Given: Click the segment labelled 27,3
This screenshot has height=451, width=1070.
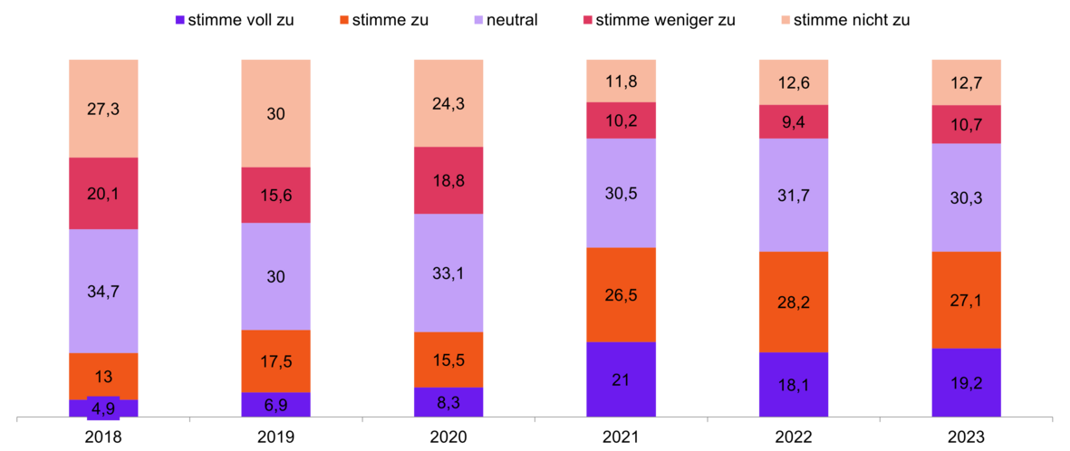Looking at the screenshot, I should point(103,108).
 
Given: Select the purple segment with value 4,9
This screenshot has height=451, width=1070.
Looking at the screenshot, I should point(103,408).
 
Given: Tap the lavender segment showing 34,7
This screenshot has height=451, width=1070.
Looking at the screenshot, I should point(103,291).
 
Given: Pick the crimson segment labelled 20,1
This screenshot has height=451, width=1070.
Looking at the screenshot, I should point(103,193).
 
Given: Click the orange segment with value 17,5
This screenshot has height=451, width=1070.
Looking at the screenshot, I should point(275,360).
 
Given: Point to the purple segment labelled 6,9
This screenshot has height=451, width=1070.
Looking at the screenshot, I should point(275,405).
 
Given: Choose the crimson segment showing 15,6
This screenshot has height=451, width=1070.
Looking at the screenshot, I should point(275,195).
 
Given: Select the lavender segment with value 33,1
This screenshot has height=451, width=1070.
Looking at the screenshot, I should point(448,273).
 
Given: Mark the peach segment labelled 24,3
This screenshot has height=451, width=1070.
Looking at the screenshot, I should point(448,102).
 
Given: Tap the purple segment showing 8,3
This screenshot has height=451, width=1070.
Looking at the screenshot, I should point(448,402).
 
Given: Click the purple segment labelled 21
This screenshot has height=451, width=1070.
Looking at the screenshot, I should point(622,379).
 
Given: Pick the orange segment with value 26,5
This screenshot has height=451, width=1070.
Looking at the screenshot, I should point(622,294).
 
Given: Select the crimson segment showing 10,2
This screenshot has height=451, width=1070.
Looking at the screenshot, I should point(622,120).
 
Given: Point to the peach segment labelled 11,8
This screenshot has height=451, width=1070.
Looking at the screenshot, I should point(622,81).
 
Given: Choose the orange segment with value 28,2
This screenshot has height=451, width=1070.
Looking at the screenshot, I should point(794,302).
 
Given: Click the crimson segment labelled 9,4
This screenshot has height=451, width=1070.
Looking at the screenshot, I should point(794,121).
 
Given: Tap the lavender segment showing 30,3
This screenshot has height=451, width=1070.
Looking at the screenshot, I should point(967,197).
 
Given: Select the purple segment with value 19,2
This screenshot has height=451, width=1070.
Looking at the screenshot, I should point(967,382).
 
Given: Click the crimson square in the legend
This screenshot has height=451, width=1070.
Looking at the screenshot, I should point(587,19).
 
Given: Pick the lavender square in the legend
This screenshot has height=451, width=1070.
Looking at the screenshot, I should point(478,19).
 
